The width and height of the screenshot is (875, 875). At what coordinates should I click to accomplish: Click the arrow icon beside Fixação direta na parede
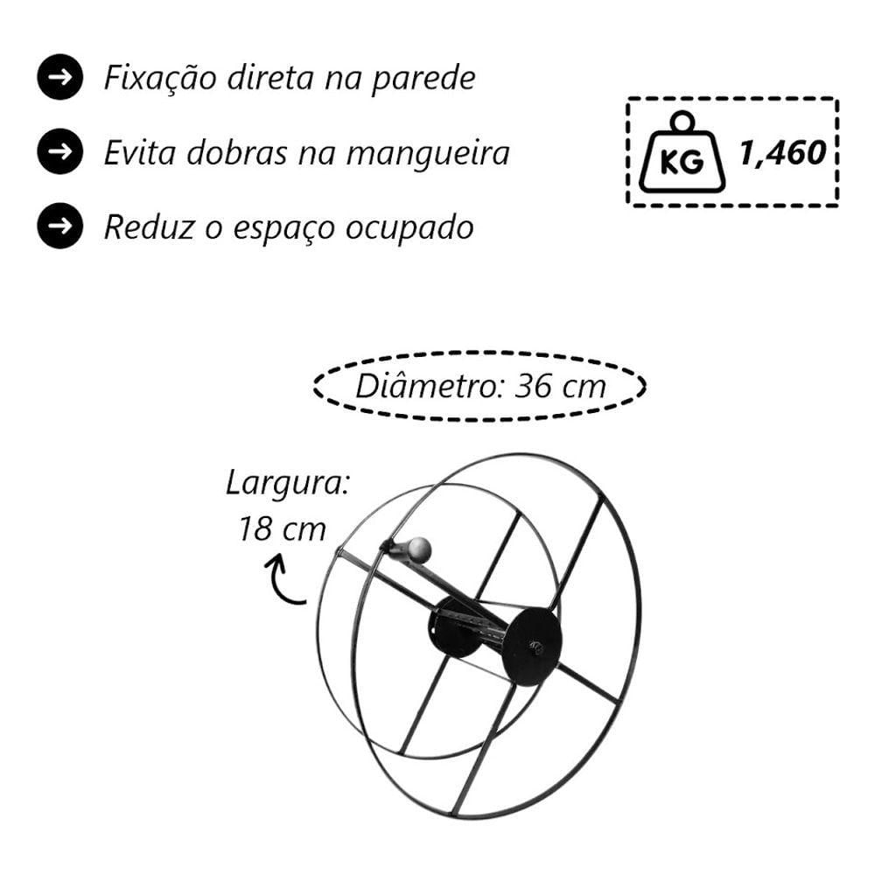tap(60, 77)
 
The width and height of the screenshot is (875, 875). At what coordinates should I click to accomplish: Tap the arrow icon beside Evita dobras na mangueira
tap(60, 151)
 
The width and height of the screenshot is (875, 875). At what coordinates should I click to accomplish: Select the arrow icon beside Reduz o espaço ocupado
tap(60, 226)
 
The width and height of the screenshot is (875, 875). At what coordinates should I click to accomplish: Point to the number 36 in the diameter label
tap(533, 386)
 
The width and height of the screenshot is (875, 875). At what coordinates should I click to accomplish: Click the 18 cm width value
tap(283, 528)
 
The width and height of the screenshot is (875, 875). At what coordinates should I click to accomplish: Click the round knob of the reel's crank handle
tap(419, 549)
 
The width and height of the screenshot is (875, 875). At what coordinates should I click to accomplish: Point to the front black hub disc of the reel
tap(531, 646)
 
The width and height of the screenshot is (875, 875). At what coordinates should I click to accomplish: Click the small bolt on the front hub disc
tap(537, 647)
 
